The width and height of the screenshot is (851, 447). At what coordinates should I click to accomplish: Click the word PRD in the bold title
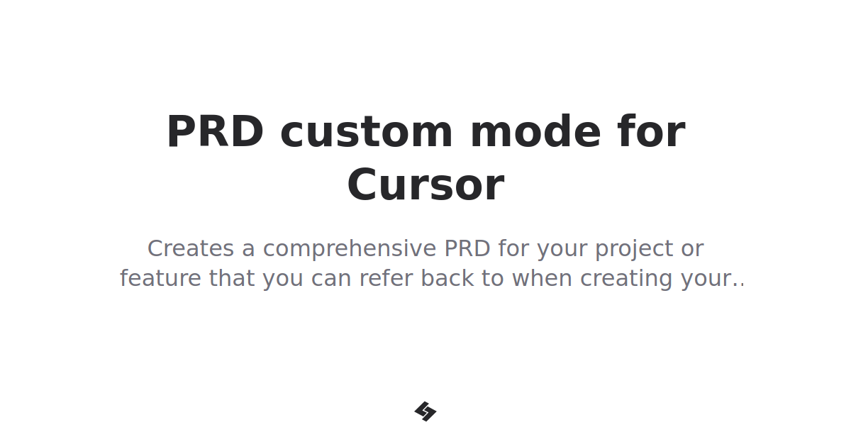tap(215, 132)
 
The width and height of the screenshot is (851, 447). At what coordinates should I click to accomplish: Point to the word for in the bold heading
tap(651, 132)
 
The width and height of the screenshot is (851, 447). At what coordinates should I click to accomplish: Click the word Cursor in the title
tap(425, 186)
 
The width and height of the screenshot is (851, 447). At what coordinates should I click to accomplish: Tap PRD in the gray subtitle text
tap(467, 249)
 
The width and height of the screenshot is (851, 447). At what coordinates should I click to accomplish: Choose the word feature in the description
tap(160, 278)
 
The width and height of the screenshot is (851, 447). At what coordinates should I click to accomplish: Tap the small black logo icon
tap(425, 412)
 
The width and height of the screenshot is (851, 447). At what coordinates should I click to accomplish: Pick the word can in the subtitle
tap(331, 278)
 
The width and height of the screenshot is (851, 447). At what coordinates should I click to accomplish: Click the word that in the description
tap(232, 278)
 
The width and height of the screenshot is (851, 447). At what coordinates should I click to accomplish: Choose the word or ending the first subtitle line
tap(691, 249)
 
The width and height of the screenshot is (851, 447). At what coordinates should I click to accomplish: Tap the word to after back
tap(491, 278)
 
